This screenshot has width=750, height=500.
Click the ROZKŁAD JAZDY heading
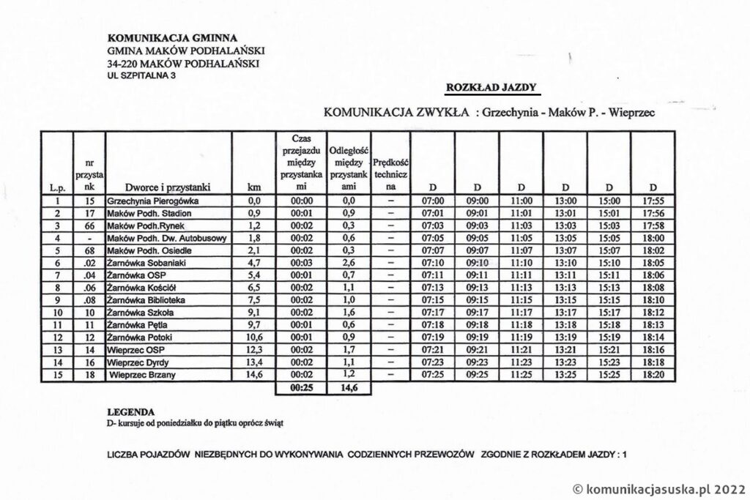pos(492,89)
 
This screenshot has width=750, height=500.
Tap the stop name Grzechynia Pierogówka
pos(153,200)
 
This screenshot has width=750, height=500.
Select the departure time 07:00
pos(434,200)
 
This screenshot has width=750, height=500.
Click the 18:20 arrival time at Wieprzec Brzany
pos(652,376)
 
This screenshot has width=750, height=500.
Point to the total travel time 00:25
pos(302,387)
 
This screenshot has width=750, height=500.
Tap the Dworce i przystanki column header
pos(168,187)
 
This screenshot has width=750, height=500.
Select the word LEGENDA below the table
pos(131,412)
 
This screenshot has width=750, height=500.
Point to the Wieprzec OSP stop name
pos(135,351)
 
